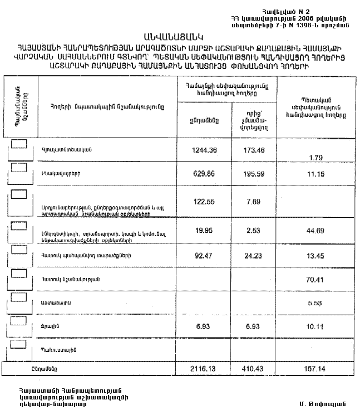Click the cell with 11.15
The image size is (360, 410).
point(315,173)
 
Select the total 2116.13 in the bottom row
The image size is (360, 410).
point(203,369)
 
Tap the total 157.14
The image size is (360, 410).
point(315,369)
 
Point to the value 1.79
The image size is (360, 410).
point(315,158)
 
